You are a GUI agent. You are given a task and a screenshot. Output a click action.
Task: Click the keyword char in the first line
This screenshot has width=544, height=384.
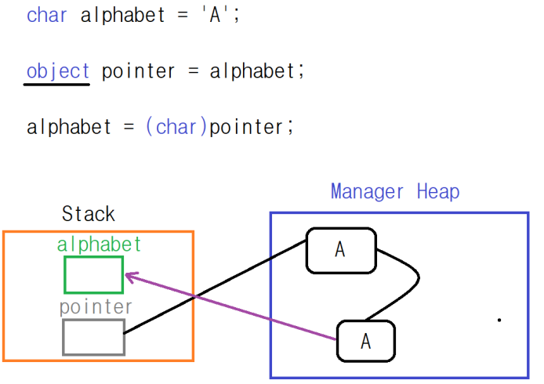click(x=47, y=15)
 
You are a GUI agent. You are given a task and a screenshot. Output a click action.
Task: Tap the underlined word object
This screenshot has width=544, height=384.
click(x=58, y=71)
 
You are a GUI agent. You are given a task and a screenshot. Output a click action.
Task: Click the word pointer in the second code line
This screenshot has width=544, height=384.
click(x=138, y=71)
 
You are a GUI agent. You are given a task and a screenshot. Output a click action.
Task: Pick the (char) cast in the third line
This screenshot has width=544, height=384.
click(x=176, y=127)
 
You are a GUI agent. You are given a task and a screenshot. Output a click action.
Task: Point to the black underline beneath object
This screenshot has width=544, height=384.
click(x=56, y=84)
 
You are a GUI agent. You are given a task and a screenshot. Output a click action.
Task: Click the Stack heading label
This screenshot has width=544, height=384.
click(x=88, y=214)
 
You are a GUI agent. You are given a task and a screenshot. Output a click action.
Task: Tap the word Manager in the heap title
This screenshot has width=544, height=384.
click(x=367, y=191)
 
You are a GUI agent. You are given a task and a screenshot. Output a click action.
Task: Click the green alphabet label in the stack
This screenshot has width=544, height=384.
click(x=100, y=245)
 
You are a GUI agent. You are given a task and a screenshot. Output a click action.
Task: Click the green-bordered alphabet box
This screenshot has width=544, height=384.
click(x=93, y=274)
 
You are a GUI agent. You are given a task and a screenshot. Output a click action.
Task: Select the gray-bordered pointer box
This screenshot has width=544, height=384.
click(x=93, y=337)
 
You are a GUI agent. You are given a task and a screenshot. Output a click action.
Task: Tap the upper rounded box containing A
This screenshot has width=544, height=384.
click(x=340, y=250)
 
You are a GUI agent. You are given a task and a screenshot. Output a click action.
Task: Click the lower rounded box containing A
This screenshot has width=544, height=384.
click(x=366, y=342)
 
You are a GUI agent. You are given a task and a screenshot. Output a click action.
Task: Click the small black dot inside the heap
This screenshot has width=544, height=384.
click(x=499, y=319)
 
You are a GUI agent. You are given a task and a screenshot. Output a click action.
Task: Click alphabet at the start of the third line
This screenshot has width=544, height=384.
click(x=69, y=127)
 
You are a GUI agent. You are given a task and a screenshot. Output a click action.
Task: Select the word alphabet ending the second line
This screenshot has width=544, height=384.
click(x=250, y=71)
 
